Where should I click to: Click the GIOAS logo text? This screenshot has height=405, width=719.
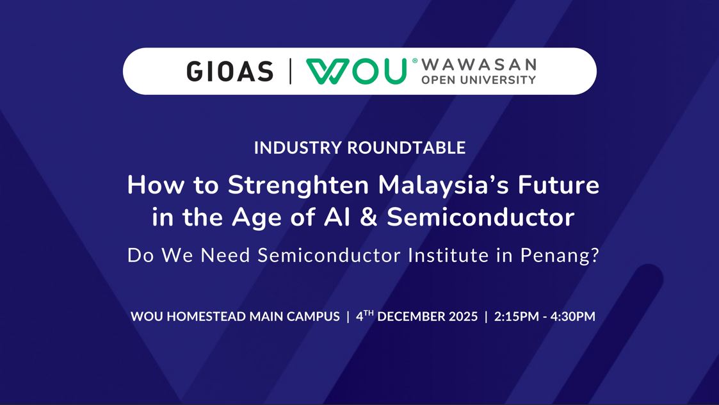230,72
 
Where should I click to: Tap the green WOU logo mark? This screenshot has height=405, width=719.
356,71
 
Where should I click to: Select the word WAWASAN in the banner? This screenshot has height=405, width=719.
479,64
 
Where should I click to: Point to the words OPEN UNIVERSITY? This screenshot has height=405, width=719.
479,80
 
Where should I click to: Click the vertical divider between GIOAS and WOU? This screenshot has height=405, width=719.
290,71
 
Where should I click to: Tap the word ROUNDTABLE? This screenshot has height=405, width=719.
407,148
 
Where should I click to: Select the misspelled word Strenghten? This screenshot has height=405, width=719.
298,186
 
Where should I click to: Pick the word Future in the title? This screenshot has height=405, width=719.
558,185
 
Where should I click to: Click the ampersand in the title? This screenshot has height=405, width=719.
369,217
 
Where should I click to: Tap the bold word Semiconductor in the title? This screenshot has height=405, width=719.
481,217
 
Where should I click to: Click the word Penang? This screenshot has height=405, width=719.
560,256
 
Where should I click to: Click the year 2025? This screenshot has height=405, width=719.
463,317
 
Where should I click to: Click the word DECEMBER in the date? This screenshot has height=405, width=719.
411,317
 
